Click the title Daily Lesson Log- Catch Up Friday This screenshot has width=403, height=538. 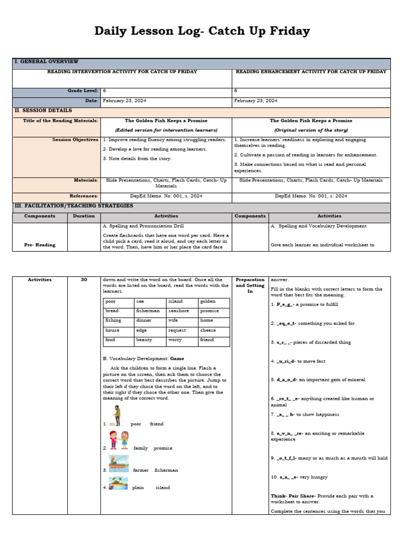coord(201,32)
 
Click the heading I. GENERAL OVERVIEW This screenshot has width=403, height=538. coord(46,62)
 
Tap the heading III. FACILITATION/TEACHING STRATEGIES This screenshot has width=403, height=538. coord(73,205)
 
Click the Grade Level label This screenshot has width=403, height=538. coord(83,90)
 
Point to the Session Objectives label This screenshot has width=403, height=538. coord(75,140)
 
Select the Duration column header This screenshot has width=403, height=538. coord(84,216)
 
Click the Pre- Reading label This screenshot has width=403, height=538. coord(39,245)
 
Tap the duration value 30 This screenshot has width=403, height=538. coord(84,280)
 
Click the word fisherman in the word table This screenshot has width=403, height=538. coord(148,311)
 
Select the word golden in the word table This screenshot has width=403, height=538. coord(208,301)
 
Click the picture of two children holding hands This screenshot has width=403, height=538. coord(119,440)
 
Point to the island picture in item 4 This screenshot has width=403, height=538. coord(118,483)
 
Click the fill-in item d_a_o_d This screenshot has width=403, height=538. coord(284,379)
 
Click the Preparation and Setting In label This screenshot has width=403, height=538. coord(250,285)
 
